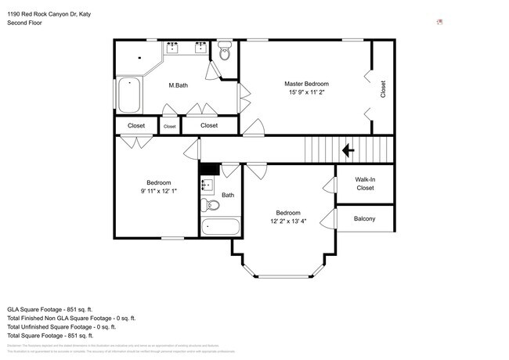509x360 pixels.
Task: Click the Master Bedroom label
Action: click(x=306, y=84)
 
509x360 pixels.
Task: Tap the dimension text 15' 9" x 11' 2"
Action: click(x=306, y=93)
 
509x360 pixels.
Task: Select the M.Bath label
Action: click(x=177, y=85)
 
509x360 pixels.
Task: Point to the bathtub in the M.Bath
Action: click(x=128, y=95)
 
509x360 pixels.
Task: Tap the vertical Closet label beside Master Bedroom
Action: click(x=383, y=89)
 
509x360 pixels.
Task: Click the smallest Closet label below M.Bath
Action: click(x=170, y=126)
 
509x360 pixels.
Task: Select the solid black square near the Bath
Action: click(x=209, y=169)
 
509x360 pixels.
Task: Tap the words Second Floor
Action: click(x=24, y=23)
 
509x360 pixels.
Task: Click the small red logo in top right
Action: click(x=440, y=22)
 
